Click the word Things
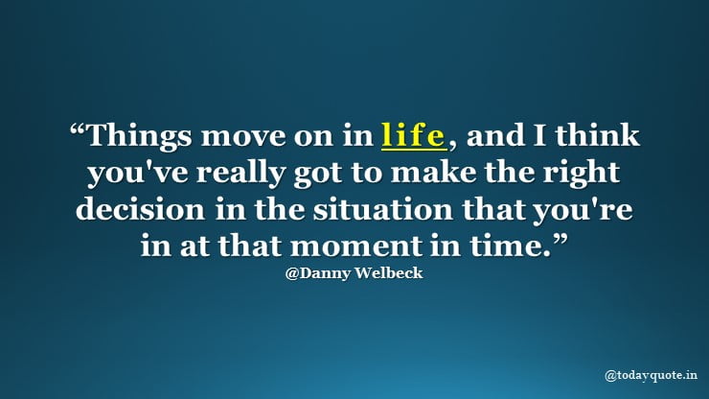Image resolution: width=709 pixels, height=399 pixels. coord(139,136)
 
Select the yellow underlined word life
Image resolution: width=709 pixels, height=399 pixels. coord(413,135)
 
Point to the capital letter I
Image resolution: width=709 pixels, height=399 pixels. coord(539,135)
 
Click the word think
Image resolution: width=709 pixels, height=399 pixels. coord(597,134)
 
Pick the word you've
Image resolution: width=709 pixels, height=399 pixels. coord(137,174)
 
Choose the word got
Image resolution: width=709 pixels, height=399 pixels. coord(317,176)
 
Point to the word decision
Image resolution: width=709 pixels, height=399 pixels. coord(140,209)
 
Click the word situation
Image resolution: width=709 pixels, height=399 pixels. coord(383,209)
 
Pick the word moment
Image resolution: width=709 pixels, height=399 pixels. coord(355,246)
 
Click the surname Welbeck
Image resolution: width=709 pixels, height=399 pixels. coord(388,272)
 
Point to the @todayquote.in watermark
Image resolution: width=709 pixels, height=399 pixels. coord(652,375)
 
